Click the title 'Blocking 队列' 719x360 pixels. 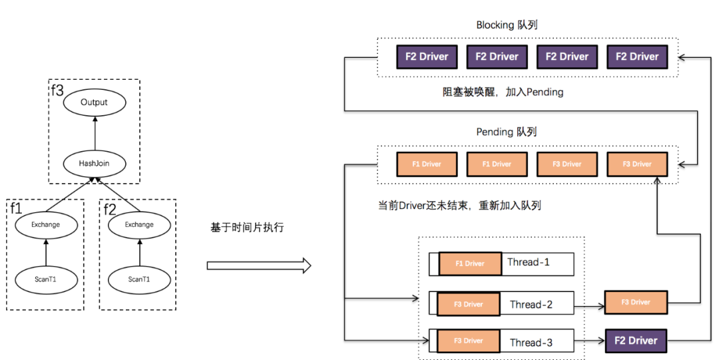[507, 25]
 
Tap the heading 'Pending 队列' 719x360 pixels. [507, 132]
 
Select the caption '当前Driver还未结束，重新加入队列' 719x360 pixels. [459, 205]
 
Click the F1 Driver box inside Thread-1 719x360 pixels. [469, 264]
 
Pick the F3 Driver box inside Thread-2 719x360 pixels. [468, 304]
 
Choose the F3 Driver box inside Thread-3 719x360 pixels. [468, 341]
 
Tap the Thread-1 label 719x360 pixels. [529, 262]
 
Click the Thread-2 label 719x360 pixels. [531, 305]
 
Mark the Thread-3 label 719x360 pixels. [531, 343]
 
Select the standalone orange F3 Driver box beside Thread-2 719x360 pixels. [636, 302]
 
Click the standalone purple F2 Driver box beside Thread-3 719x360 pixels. [636, 341]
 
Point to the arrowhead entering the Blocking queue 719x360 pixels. [682, 57]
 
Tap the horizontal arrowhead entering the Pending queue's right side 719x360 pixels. [682, 164]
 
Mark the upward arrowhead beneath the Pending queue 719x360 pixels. [657, 178]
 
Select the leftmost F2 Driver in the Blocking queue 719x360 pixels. [427, 57]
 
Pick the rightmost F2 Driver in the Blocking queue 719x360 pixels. [637, 57]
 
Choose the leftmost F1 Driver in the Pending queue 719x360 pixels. [427, 164]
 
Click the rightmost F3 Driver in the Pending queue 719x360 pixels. [637, 164]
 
